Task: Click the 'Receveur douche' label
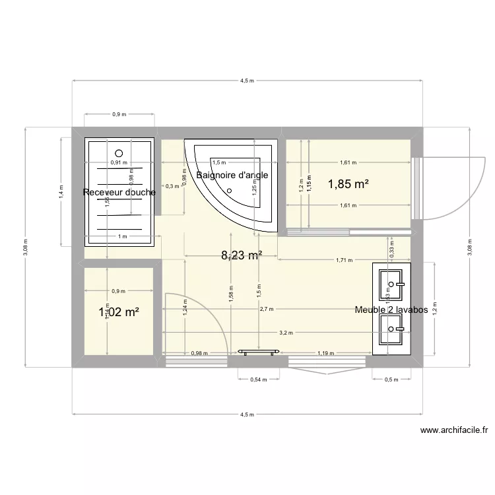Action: coord(119,193)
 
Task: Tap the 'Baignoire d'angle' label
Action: coord(232,175)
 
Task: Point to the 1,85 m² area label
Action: coord(347,185)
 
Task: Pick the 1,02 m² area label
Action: coord(119,313)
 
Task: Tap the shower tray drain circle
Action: coord(119,150)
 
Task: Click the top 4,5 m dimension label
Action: coord(247,81)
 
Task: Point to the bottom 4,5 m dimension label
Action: coord(247,414)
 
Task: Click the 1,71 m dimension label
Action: coord(345,260)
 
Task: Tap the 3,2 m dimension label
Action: coord(285,333)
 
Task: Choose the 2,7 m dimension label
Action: coord(267,309)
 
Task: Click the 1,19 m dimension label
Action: coord(325,353)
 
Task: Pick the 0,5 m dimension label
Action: coord(391,379)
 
